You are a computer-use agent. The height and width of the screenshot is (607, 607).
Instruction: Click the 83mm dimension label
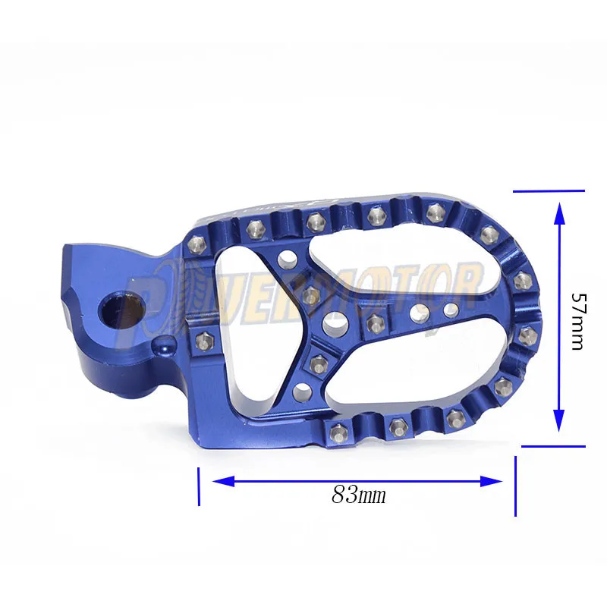coord(358,496)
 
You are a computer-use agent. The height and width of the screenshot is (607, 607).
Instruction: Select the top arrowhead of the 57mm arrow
coord(559,213)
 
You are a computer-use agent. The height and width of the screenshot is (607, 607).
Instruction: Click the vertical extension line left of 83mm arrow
coord(199,486)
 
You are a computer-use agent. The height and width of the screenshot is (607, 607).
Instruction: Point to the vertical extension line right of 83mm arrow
coord(516,486)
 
